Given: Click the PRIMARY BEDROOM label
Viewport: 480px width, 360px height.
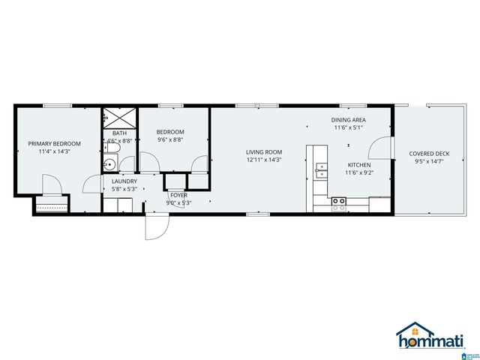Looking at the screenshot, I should (54, 143).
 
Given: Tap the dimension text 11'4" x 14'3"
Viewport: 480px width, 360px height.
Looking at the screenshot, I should (54, 151).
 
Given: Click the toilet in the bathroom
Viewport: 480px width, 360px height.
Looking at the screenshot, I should (127, 164).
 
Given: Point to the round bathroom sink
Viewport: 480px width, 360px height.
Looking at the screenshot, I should (109, 163).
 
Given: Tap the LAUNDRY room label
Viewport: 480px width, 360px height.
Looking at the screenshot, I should (124, 181).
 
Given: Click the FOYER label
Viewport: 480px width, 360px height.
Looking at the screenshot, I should (178, 195).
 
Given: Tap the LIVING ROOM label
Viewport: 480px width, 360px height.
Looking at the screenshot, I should (264, 151).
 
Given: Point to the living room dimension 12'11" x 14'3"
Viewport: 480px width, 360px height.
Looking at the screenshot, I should (264, 160).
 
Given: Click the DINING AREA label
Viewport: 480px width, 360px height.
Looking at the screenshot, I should (349, 120).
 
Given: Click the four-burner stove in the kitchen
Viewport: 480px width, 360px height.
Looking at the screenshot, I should (339, 201).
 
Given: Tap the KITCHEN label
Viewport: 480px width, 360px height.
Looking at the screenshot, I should (358, 165).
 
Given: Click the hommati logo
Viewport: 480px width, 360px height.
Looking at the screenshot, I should (425, 337).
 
